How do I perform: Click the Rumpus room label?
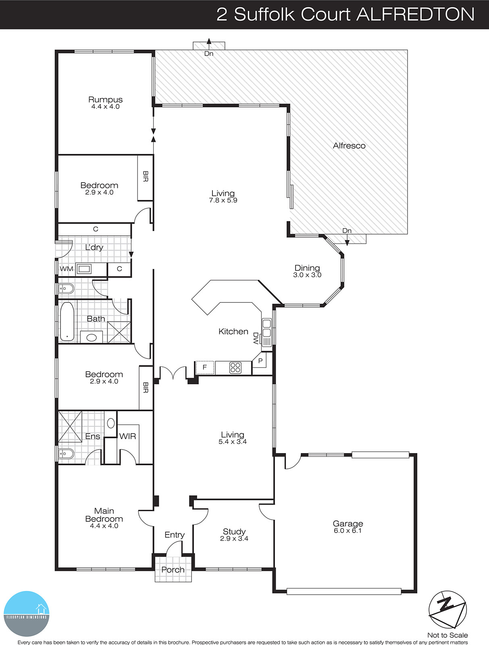click(105, 100)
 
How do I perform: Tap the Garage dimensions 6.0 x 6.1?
click(348, 531)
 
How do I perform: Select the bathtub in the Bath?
click(67, 321)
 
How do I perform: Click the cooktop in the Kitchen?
click(235, 368)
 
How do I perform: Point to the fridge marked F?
click(204, 367)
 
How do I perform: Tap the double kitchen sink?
click(266, 328)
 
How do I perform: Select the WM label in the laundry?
click(67, 269)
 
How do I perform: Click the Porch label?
click(173, 570)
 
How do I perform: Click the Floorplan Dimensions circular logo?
click(27, 614)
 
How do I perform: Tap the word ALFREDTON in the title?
click(416, 15)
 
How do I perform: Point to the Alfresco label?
click(349, 146)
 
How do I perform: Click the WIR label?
click(127, 436)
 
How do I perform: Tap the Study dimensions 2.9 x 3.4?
click(234, 539)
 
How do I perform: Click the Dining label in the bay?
click(307, 268)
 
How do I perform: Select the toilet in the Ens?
click(66, 454)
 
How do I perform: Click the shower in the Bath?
click(119, 332)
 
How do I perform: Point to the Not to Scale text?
click(447, 635)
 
